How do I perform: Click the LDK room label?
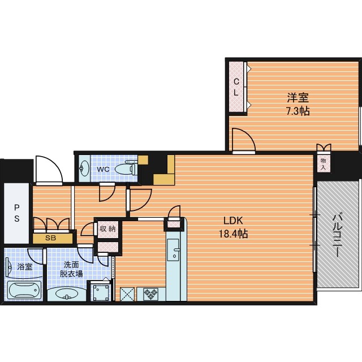click(x=233, y=221)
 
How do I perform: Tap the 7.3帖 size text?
click(x=298, y=111)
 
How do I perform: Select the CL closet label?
click(x=236, y=87)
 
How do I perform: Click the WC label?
click(x=103, y=169)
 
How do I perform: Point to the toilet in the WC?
click(x=126, y=169)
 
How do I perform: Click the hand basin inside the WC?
click(x=84, y=169)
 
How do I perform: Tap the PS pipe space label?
click(x=17, y=213)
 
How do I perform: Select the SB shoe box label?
click(x=50, y=238)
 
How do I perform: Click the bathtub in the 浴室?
click(x=24, y=290)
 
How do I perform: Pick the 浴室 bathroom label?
click(x=25, y=267)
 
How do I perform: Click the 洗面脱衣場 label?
click(x=71, y=269)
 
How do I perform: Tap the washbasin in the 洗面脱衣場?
click(x=67, y=294)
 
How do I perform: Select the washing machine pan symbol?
click(x=101, y=292)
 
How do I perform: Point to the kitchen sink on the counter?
click(x=173, y=250)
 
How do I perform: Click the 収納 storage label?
click(x=107, y=229)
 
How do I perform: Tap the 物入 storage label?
click(x=323, y=164)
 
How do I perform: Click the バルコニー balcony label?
click(x=337, y=236)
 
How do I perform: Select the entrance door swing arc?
click(x=56, y=165)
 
